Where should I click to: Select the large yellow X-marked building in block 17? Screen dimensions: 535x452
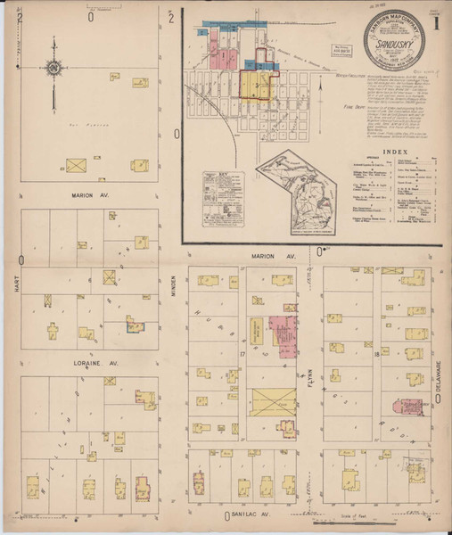point(273,402)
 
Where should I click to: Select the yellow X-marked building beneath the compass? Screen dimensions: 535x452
point(78,166)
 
